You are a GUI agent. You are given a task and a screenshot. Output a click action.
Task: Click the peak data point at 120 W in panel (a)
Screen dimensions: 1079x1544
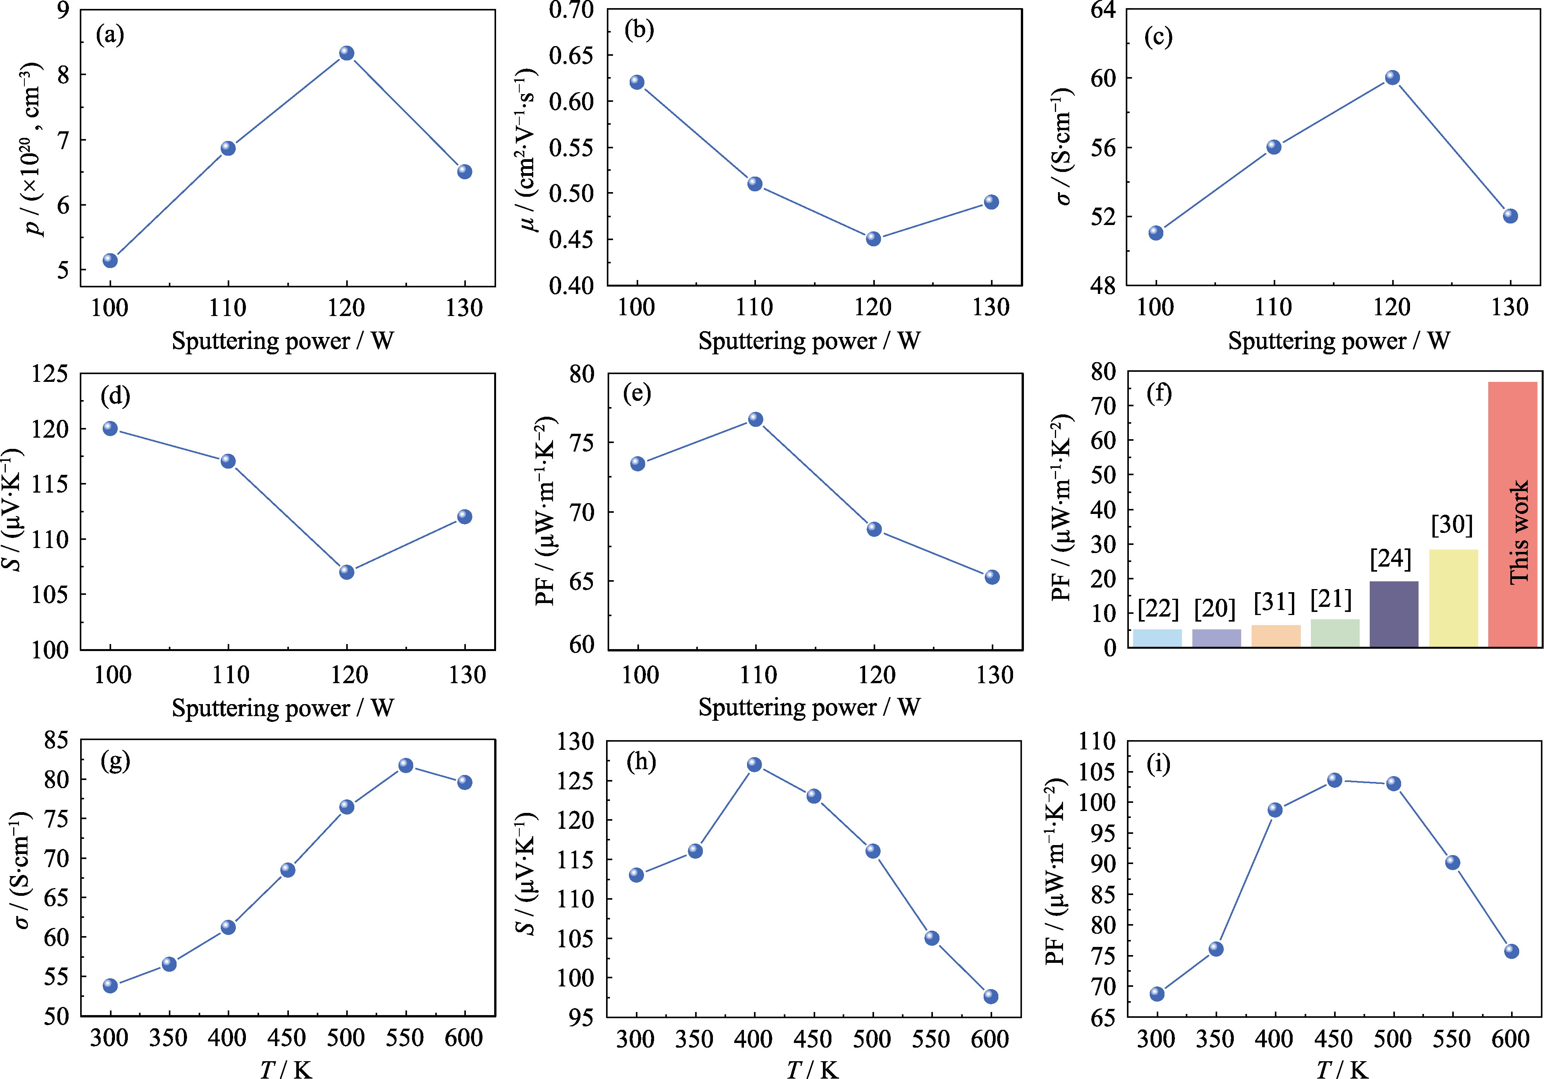tap(346, 53)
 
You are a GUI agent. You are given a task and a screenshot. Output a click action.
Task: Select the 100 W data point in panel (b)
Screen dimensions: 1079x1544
tap(637, 82)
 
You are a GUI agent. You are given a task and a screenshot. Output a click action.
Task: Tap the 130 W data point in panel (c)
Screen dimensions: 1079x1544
tap(1510, 216)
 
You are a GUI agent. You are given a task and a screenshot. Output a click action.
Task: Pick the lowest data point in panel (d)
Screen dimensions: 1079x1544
tap(346, 572)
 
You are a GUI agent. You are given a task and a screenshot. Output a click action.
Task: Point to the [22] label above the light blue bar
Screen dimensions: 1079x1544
tap(1158, 609)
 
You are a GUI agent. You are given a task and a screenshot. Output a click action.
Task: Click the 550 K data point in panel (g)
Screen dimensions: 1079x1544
tap(405, 766)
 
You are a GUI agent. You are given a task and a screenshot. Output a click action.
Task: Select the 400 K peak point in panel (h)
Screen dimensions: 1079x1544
tap(754, 765)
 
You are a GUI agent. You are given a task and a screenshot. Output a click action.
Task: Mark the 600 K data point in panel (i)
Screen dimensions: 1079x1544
tap(1511, 951)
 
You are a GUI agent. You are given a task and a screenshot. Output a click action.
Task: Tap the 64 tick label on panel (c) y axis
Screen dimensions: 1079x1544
tap(1103, 10)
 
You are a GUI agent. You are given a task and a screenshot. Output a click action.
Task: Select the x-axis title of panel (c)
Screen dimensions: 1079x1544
tap(1338, 341)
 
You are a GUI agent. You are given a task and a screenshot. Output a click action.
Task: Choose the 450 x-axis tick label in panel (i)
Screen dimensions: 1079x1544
tap(1333, 1039)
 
